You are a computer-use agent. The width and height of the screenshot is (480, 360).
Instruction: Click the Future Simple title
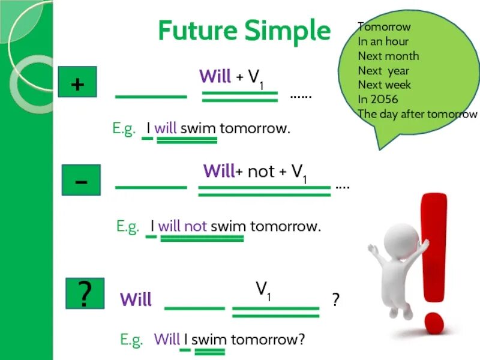pos(244,31)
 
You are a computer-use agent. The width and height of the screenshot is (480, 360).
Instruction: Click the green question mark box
pos(83,294)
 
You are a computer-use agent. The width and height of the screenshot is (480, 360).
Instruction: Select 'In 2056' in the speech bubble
pos(377,99)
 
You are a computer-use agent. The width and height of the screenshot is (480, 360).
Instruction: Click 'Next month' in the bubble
pos(388,56)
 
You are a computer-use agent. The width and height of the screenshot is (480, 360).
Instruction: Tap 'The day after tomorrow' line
pos(417,114)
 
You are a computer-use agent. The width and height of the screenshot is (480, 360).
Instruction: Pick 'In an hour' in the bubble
pos(383,41)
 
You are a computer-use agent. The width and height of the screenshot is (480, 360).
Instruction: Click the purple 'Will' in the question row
pos(136,299)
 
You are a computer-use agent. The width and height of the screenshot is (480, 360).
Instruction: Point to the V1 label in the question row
pos(264,290)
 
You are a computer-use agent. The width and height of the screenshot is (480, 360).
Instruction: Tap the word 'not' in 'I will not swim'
pos(196,226)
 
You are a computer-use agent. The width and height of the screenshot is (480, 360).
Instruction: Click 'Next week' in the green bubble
pos(384,85)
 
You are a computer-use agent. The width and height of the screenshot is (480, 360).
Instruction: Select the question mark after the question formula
pos(336,299)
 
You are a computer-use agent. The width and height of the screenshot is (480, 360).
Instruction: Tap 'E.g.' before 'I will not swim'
pos(127,226)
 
